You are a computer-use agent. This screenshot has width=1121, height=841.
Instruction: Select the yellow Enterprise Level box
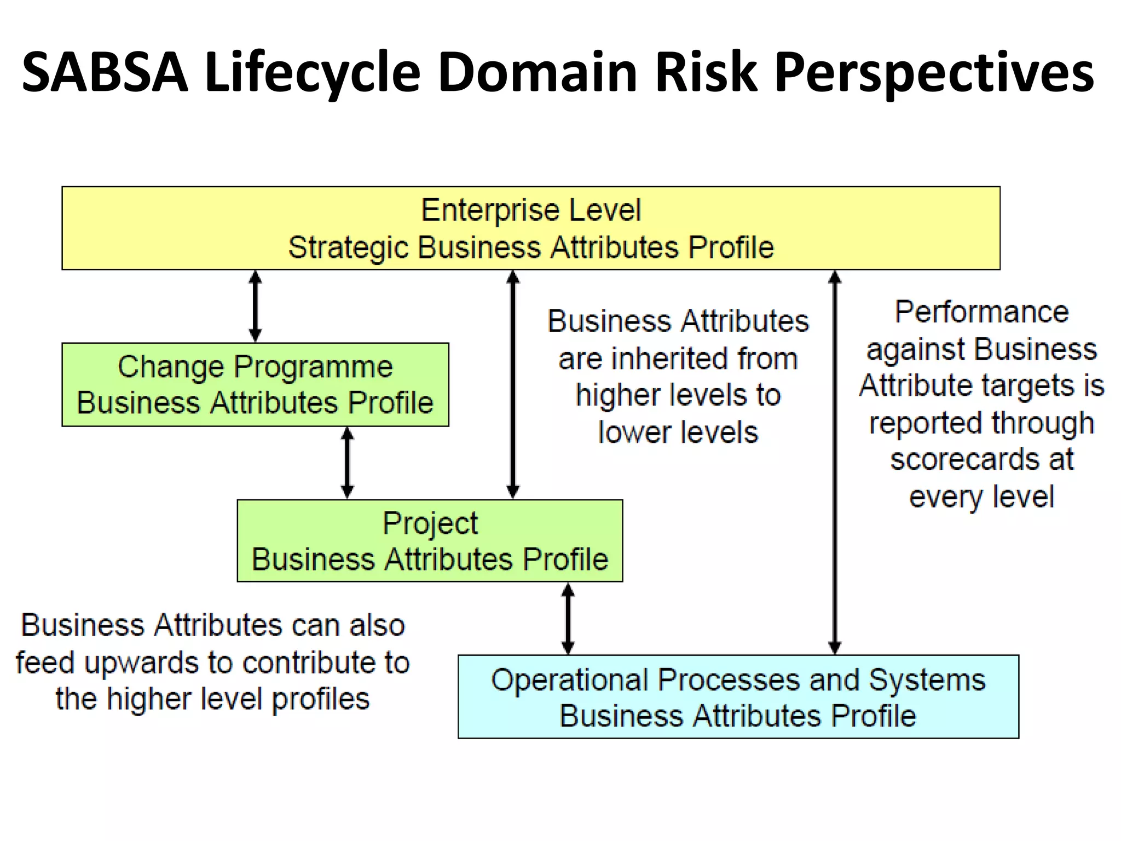(x=530, y=228)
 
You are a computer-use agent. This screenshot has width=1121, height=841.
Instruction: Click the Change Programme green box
(x=255, y=384)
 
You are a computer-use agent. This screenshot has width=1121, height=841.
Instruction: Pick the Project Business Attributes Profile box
(x=430, y=540)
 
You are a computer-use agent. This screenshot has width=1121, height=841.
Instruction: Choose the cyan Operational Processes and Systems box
(x=738, y=696)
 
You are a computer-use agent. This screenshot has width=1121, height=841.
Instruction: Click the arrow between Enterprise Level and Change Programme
(x=255, y=306)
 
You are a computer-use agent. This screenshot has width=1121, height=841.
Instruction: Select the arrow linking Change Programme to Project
(x=347, y=463)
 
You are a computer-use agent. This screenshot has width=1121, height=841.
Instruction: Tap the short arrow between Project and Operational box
(x=568, y=618)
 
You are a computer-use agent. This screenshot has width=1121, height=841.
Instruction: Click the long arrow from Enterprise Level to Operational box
(x=834, y=463)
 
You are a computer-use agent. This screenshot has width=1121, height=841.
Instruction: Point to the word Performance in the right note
(x=981, y=312)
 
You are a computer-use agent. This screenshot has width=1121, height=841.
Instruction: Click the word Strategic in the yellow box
(x=348, y=247)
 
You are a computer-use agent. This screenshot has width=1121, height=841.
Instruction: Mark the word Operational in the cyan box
(x=569, y=680)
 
